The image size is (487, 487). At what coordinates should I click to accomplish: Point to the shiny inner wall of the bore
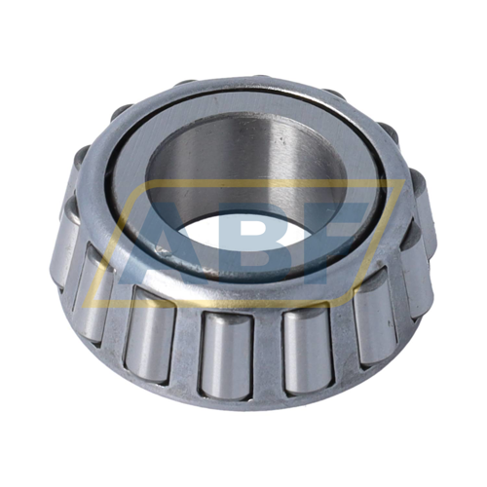point(246,163)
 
